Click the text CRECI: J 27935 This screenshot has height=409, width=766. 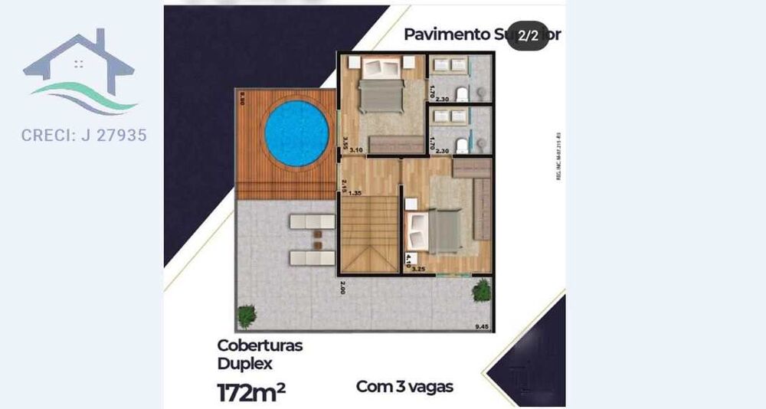coord(84,136)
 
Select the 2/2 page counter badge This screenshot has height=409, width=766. coord(528,35)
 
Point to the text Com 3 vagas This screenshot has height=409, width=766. coord(404,386)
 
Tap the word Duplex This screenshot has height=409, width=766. coord(244,363)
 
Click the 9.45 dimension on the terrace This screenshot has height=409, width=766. coord(482,327)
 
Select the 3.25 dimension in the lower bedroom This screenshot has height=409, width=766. coord(418,269)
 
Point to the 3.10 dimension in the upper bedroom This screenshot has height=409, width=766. coord(355,150)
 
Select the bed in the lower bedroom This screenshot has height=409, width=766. coord(435,231)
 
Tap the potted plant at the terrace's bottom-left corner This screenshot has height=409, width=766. coord(247,314)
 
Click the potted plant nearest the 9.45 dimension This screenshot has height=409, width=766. coord(482,290)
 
